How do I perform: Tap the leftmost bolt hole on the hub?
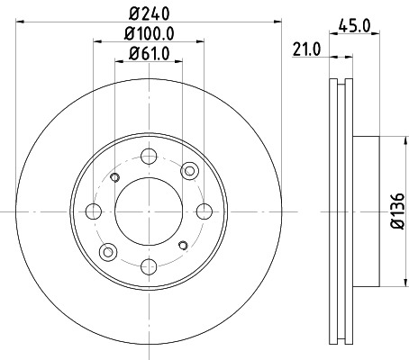click(94, 211)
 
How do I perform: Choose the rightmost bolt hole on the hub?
click(204, 211)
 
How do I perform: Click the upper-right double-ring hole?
click(188, 171)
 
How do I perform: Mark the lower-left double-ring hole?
click(109, 252)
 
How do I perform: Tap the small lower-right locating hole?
click(183, 245)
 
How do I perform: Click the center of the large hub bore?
click(149, 211)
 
